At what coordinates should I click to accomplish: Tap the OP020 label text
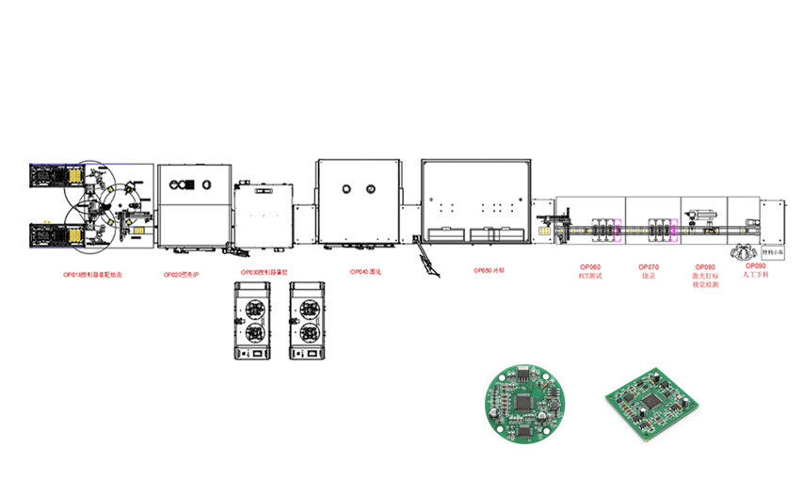pos(183,274)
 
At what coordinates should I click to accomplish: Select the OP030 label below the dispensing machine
pos(265,273)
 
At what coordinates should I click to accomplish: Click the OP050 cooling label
pos(489,270)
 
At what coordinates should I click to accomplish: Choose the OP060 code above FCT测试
pos(590,267)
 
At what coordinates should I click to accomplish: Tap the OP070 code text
pos(649,267)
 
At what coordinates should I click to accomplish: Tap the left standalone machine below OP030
pos(252,319)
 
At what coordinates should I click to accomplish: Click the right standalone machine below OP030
pos(308,319)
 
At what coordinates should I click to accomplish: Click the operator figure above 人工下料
pos(744,251)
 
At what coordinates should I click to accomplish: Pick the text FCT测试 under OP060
pos(590,276)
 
